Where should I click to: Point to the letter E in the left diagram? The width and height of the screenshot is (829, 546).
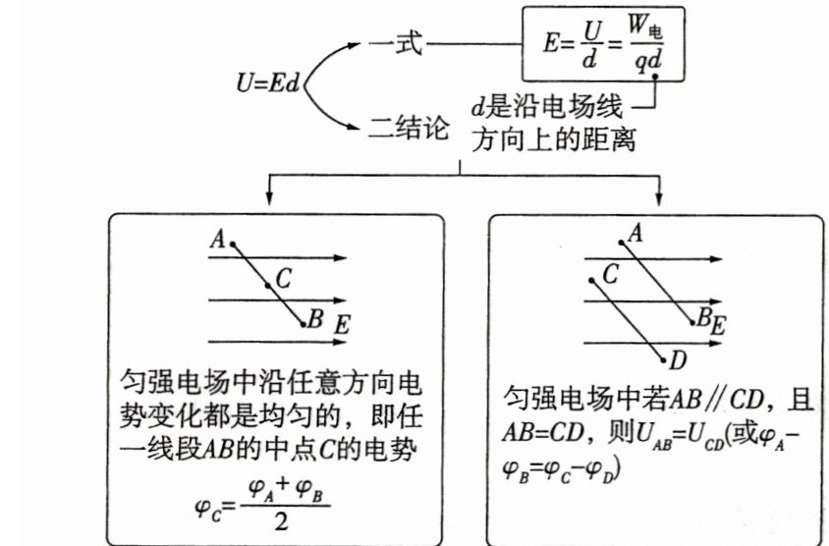[x=343, y=324]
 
